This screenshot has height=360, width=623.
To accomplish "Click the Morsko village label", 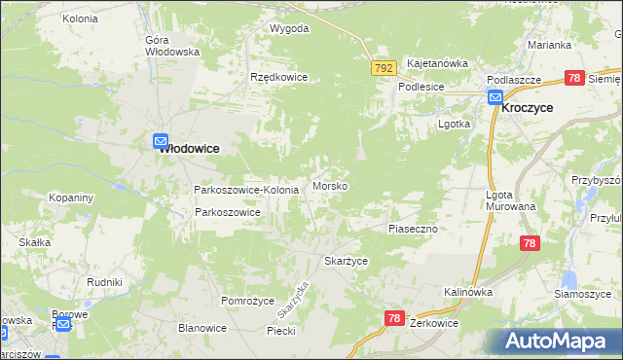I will tap(331, 186).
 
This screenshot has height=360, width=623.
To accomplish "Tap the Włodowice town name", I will tap(189, 148).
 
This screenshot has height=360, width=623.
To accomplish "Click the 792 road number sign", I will tap(384, 67).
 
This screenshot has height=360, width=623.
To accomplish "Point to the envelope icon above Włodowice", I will tap(161, 139).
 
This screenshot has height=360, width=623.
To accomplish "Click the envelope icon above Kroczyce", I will tap(495, 96).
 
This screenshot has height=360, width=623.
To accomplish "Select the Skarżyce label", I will tap(346, 261).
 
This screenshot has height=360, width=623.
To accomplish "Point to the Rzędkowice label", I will tap(279, 77).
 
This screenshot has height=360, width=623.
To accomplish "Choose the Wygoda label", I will tap(289, 28).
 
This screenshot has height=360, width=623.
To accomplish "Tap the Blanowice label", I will tap(202, 328).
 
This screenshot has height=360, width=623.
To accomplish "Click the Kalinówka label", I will tap(468, 292).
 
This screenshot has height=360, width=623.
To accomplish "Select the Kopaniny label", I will tap(71, 198).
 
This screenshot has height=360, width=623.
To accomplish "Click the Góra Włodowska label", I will tap(171, 46).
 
